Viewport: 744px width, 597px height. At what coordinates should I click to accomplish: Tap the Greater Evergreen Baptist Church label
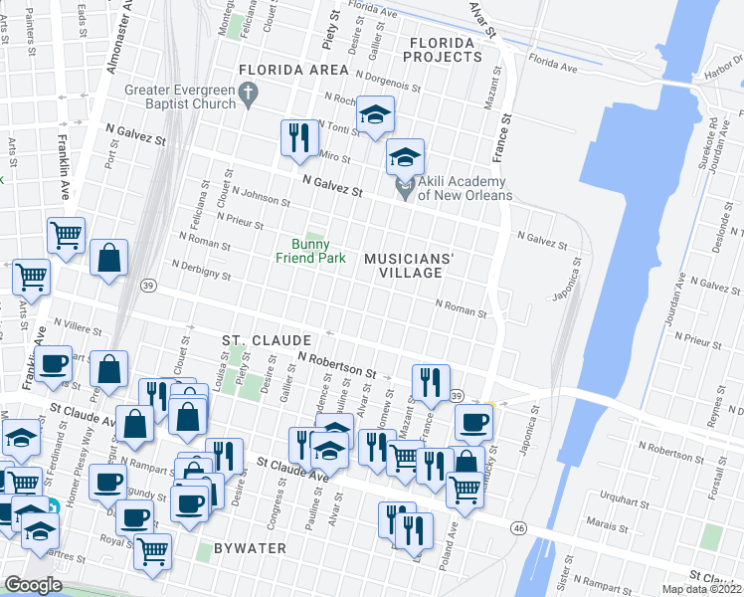coord(180,96)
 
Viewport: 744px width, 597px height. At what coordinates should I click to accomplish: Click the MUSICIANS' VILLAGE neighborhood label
coord(409,265)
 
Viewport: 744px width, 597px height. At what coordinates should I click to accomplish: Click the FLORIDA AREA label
coord(293,70)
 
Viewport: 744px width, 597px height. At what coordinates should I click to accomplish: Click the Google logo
coord(33,585)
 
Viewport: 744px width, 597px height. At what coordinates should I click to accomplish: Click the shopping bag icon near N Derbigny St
coord(109,257)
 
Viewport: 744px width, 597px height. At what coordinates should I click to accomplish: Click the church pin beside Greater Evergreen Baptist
coord(250,96)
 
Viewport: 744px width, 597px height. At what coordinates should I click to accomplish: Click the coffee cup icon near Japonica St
coord(473,423)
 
